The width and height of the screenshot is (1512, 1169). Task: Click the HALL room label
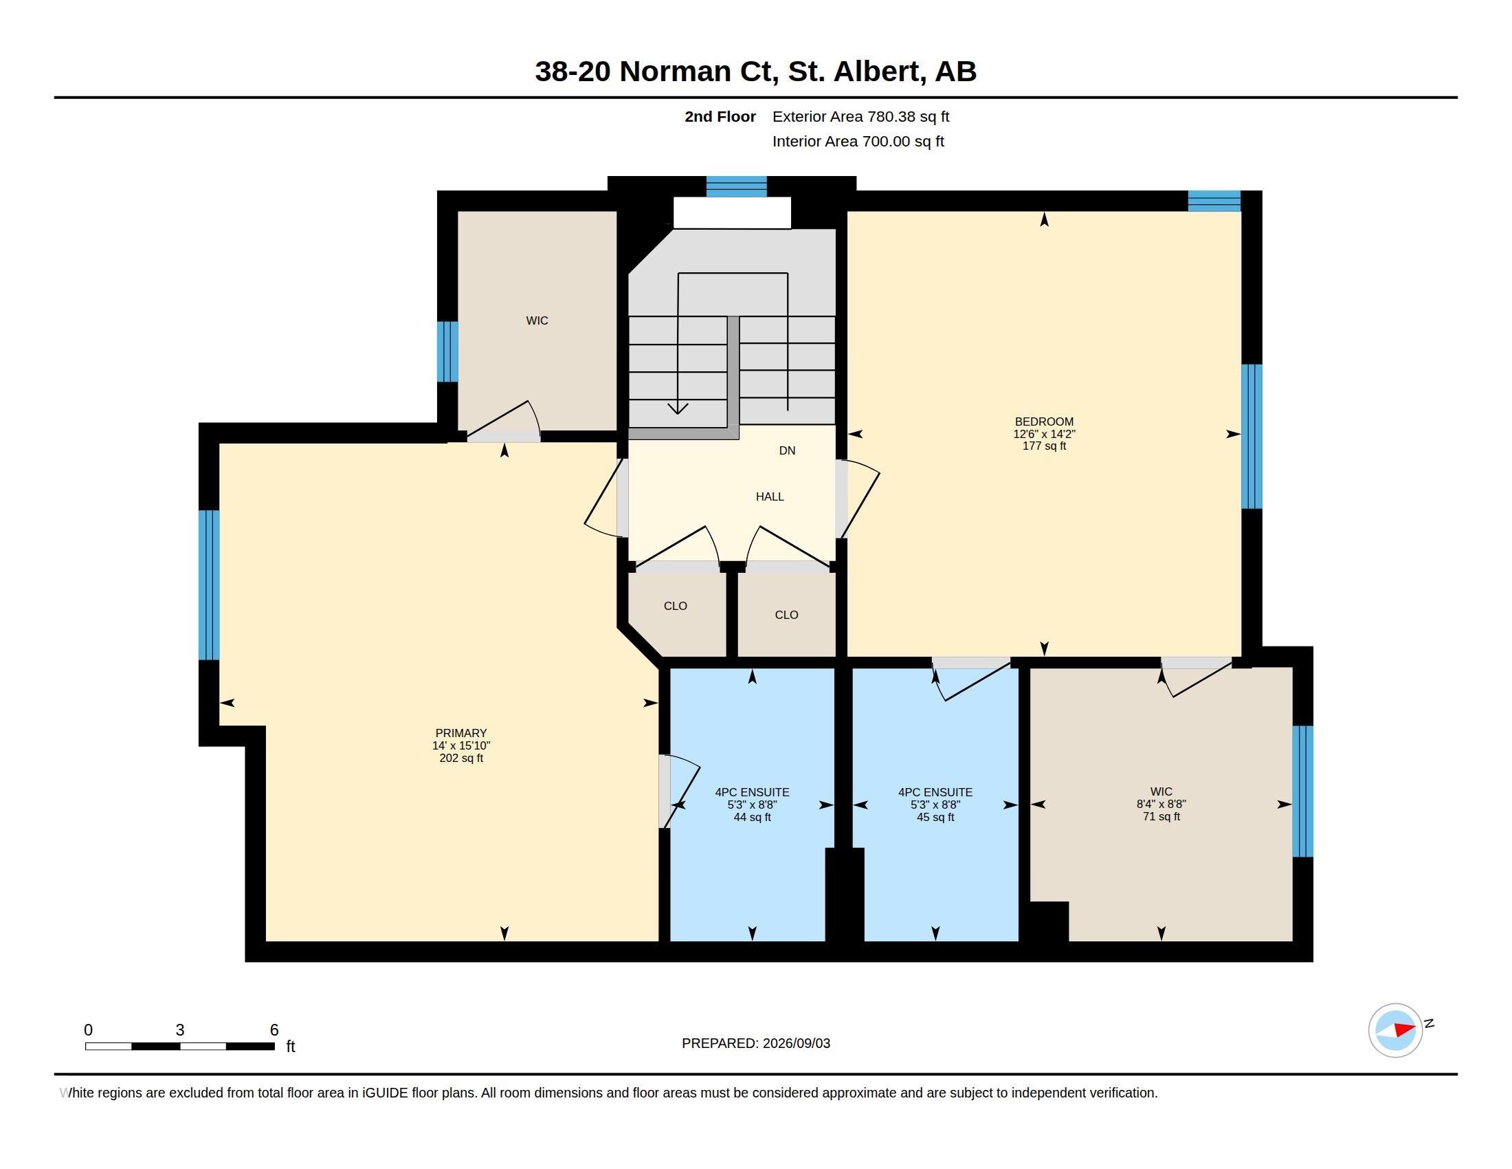click(x=769, y=496)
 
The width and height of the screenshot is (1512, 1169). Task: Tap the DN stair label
click(x=787, y=450)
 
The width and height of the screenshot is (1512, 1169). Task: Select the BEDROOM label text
click(x=1044, y=421)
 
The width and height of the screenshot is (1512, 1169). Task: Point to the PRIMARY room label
click(x=461, y=733)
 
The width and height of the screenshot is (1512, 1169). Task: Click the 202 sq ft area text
click(x=461, y=758)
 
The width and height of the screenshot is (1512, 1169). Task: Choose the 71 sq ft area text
click(x=1161, y=816)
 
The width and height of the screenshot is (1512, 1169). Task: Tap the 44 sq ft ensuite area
click(x=752, y=817)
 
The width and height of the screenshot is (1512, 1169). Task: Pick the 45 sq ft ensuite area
click(x=935, y=817)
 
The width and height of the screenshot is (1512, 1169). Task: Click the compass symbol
click(x=1396, y=1030)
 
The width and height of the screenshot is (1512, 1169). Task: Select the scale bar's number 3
click(x=180, y=1030)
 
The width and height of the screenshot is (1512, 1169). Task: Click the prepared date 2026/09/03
click(x=796, y=1043)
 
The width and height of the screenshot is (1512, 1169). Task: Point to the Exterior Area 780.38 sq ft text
click(x=860, y=116)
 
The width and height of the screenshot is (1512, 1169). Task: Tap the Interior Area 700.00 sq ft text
click(x=858, y=141)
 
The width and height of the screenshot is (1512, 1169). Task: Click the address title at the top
click(x=755, y=72)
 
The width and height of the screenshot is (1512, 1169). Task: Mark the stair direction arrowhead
click(x=677, y=408)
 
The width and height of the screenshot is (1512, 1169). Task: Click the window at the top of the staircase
click(x=736, y=186)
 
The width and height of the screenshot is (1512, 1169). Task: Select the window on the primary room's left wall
click(x=209, y=584)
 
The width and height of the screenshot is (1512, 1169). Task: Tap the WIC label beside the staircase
click(x=537, y=320)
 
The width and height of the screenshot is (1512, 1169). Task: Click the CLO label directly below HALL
click(x=786, y=615)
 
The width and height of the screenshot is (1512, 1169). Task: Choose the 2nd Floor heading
click(x=720, y=116)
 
